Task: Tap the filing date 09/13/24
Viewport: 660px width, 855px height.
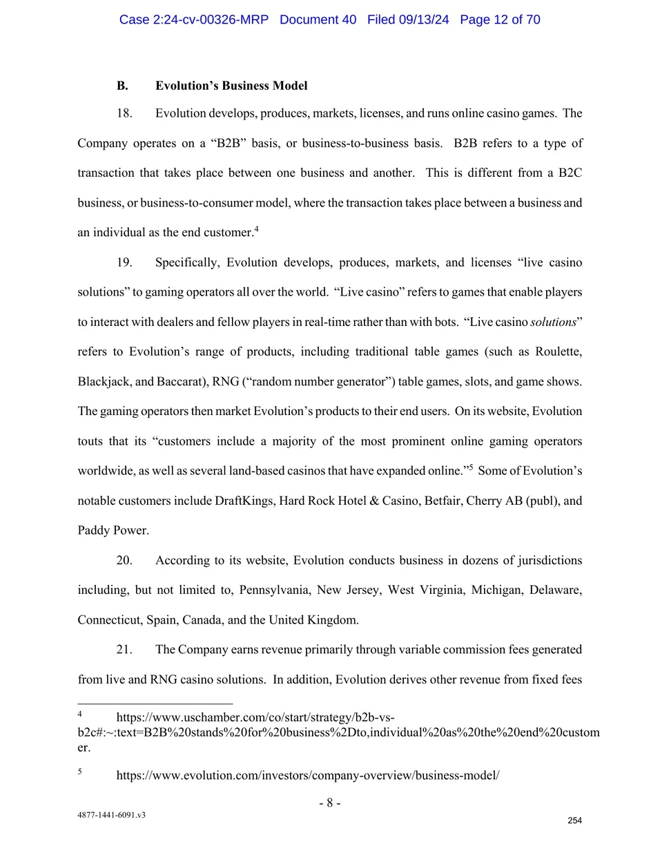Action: (x=423, y=19)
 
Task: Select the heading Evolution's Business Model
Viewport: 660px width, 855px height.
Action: (x=231, y=86)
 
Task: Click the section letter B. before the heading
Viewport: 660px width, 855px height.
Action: (x=122, y=86)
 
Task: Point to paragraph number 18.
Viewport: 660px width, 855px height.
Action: (x=124, y=113)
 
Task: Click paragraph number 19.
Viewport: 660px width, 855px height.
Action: (x=124, y=262)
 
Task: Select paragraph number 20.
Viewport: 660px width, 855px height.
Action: (x=124, y=560)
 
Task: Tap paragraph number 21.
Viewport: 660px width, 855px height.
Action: (x=124, y=649)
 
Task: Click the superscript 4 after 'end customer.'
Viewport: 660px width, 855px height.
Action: (x=256, y=229)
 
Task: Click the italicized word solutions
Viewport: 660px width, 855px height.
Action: (x=553, y=322)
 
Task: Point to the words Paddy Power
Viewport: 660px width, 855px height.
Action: (x=113, y=530)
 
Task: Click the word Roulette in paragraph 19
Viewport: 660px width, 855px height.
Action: (x=558, y=352)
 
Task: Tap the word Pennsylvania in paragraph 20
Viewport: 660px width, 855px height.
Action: (x=274, y=590)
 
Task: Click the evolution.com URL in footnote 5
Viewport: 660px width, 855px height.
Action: (x=307, y=775)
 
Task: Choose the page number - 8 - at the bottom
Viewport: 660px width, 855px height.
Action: (x=329, y=803)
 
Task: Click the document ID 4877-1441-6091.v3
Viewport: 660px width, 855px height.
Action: (x=111, y=815)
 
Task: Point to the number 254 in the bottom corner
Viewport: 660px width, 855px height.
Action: (x=574, y=820)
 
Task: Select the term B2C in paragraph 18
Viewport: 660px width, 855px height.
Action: (x=570, y=173)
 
